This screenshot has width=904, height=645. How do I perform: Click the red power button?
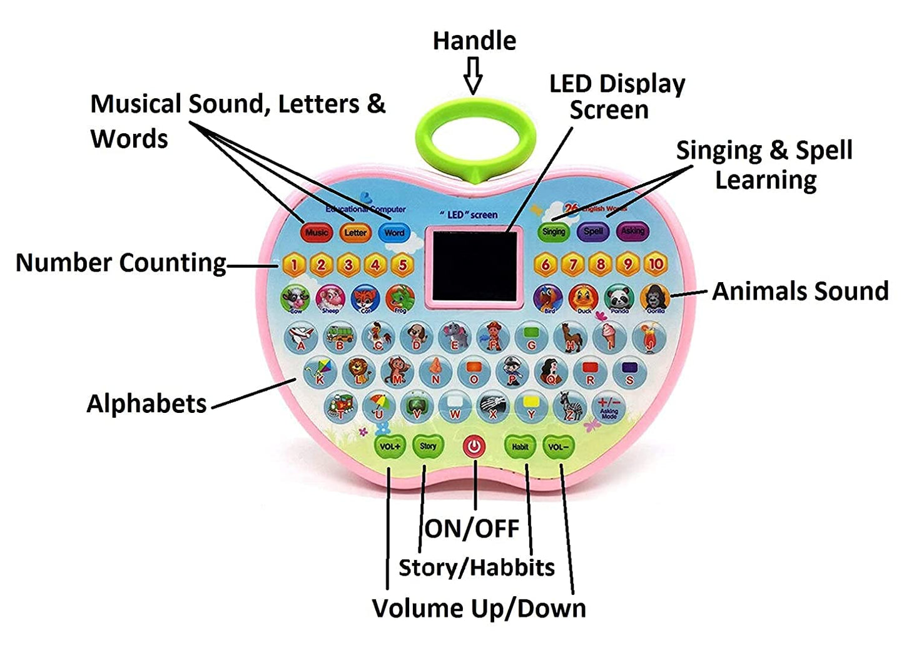474,447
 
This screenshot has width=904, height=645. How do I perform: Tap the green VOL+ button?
389,447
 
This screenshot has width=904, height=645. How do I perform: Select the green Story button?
428,446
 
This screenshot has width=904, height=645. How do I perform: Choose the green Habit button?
520,447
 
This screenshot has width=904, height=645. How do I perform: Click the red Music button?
317,233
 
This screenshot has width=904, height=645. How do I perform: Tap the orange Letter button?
355,233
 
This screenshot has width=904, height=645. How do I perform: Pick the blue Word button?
394,233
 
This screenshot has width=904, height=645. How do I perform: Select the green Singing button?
554,231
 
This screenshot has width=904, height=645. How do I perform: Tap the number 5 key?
402,265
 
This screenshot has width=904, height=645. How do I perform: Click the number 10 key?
655,264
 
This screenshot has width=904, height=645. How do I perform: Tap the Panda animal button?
619,298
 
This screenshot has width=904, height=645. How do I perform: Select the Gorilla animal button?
655,298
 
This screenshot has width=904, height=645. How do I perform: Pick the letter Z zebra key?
569,407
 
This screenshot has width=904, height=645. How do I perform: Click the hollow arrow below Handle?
474,74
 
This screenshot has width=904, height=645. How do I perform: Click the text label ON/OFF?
472,529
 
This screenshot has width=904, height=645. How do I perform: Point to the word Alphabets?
146,404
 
